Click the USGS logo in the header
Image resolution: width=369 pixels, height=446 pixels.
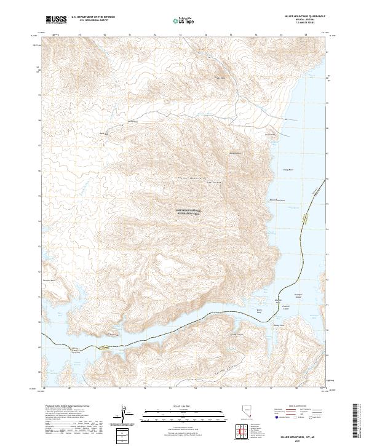(56, 20)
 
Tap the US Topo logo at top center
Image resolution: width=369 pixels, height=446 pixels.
(183, 21)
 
